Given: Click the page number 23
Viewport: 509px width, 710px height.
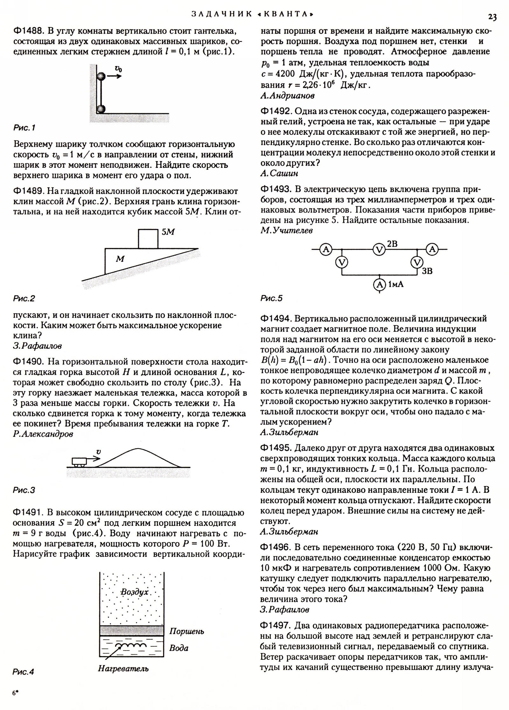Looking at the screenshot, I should (492, 17).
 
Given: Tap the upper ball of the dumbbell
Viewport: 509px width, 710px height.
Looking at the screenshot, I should (101, 76).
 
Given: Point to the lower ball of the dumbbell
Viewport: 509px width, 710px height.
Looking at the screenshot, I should (101, 109).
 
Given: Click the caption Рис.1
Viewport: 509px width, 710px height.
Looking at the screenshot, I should (24, 128).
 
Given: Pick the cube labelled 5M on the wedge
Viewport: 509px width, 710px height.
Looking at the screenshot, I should (148, 238).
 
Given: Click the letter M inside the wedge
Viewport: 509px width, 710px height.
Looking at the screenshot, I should (120, 259).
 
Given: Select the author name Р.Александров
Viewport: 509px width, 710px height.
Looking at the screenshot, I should (43, 434).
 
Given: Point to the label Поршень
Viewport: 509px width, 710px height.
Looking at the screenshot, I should (186, 631).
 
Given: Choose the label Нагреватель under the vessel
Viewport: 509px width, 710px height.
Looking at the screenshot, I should (123, 669).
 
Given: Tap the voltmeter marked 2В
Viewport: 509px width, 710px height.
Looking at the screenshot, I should (379, 250).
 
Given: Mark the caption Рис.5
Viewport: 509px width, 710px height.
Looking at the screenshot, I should (271, 298).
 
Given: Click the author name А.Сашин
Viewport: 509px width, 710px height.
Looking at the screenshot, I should (279, 173).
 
